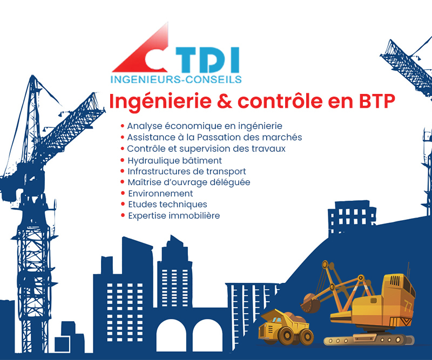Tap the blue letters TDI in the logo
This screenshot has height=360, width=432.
(207, 59)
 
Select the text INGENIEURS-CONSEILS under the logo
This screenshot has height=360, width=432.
(176, 79)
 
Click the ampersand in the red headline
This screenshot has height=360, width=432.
(225, 101)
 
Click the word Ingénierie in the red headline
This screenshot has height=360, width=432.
(160, 102)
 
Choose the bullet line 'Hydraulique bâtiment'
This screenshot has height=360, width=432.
(171, 160)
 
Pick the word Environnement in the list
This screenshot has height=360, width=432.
(160, 193)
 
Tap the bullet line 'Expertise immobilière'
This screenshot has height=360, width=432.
(170, 215)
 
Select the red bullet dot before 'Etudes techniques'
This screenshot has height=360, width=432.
(123, 204)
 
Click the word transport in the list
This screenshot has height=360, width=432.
(226, 172)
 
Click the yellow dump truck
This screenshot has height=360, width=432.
(286, 327)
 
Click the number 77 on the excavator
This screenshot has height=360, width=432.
(408, 307)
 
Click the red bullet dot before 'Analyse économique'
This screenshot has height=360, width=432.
(123, 126)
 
